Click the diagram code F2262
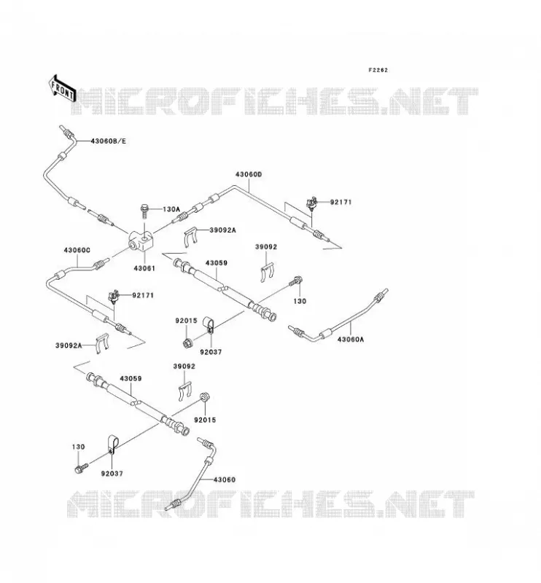[378, 70]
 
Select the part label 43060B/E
[109, 141]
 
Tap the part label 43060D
[249, 174]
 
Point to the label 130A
[171, 209]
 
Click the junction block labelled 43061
[141, 241]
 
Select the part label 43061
[144, 268]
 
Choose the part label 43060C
[77, 250]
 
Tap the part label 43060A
[351, 339]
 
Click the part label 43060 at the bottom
[225, 480]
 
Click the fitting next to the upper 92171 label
[311, 203]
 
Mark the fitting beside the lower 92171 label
[114, 297]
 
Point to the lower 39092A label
[69, 345]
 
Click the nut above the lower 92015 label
[204, 396]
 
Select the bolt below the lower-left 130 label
[82, 468]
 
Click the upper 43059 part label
[216, 263]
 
